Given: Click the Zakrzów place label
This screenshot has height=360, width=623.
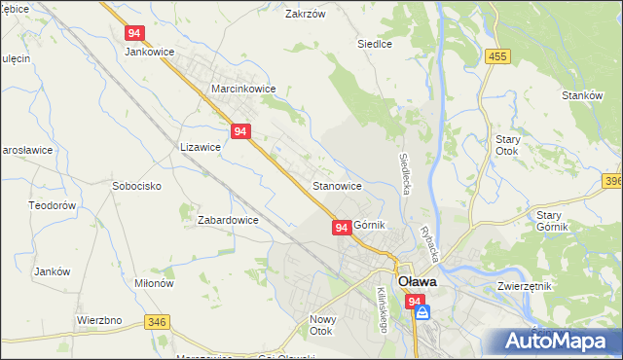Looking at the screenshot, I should (x=303, y=15).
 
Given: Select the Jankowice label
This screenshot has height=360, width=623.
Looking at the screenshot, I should (x=148, y=53).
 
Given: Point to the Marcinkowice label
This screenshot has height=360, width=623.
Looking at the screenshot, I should (x=244, y=89).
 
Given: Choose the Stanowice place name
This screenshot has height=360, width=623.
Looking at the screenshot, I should (x=338, y=186).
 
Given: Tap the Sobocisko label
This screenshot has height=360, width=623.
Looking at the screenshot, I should (x=136, y=186).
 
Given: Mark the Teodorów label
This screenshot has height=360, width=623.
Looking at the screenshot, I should (x=53, y=206).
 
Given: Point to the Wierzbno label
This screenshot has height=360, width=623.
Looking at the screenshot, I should (x=98, y=319).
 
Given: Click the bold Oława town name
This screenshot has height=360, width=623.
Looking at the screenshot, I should (x=416, y=281).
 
